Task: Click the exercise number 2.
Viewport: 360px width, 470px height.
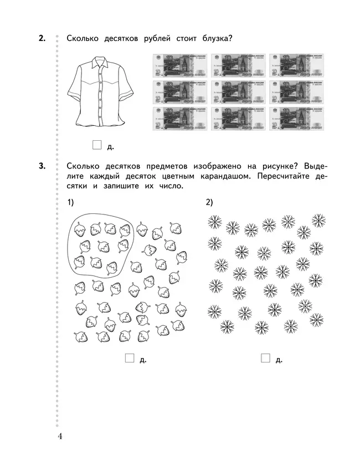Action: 42,39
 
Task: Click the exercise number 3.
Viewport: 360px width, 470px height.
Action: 42,166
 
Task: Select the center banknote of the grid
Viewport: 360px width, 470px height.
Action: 233,91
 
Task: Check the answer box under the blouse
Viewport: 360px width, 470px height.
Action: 97,145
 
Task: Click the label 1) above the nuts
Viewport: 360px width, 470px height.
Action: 70,202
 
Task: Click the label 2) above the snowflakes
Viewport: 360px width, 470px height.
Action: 209,202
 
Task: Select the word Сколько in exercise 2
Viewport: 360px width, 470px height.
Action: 83,39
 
